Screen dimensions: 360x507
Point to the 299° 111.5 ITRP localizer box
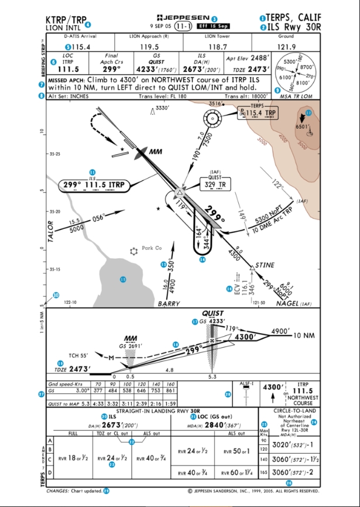(x=94, y=186)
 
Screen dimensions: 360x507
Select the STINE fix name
(x=266, y=265)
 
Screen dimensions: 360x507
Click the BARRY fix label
(x=169, y=304)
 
